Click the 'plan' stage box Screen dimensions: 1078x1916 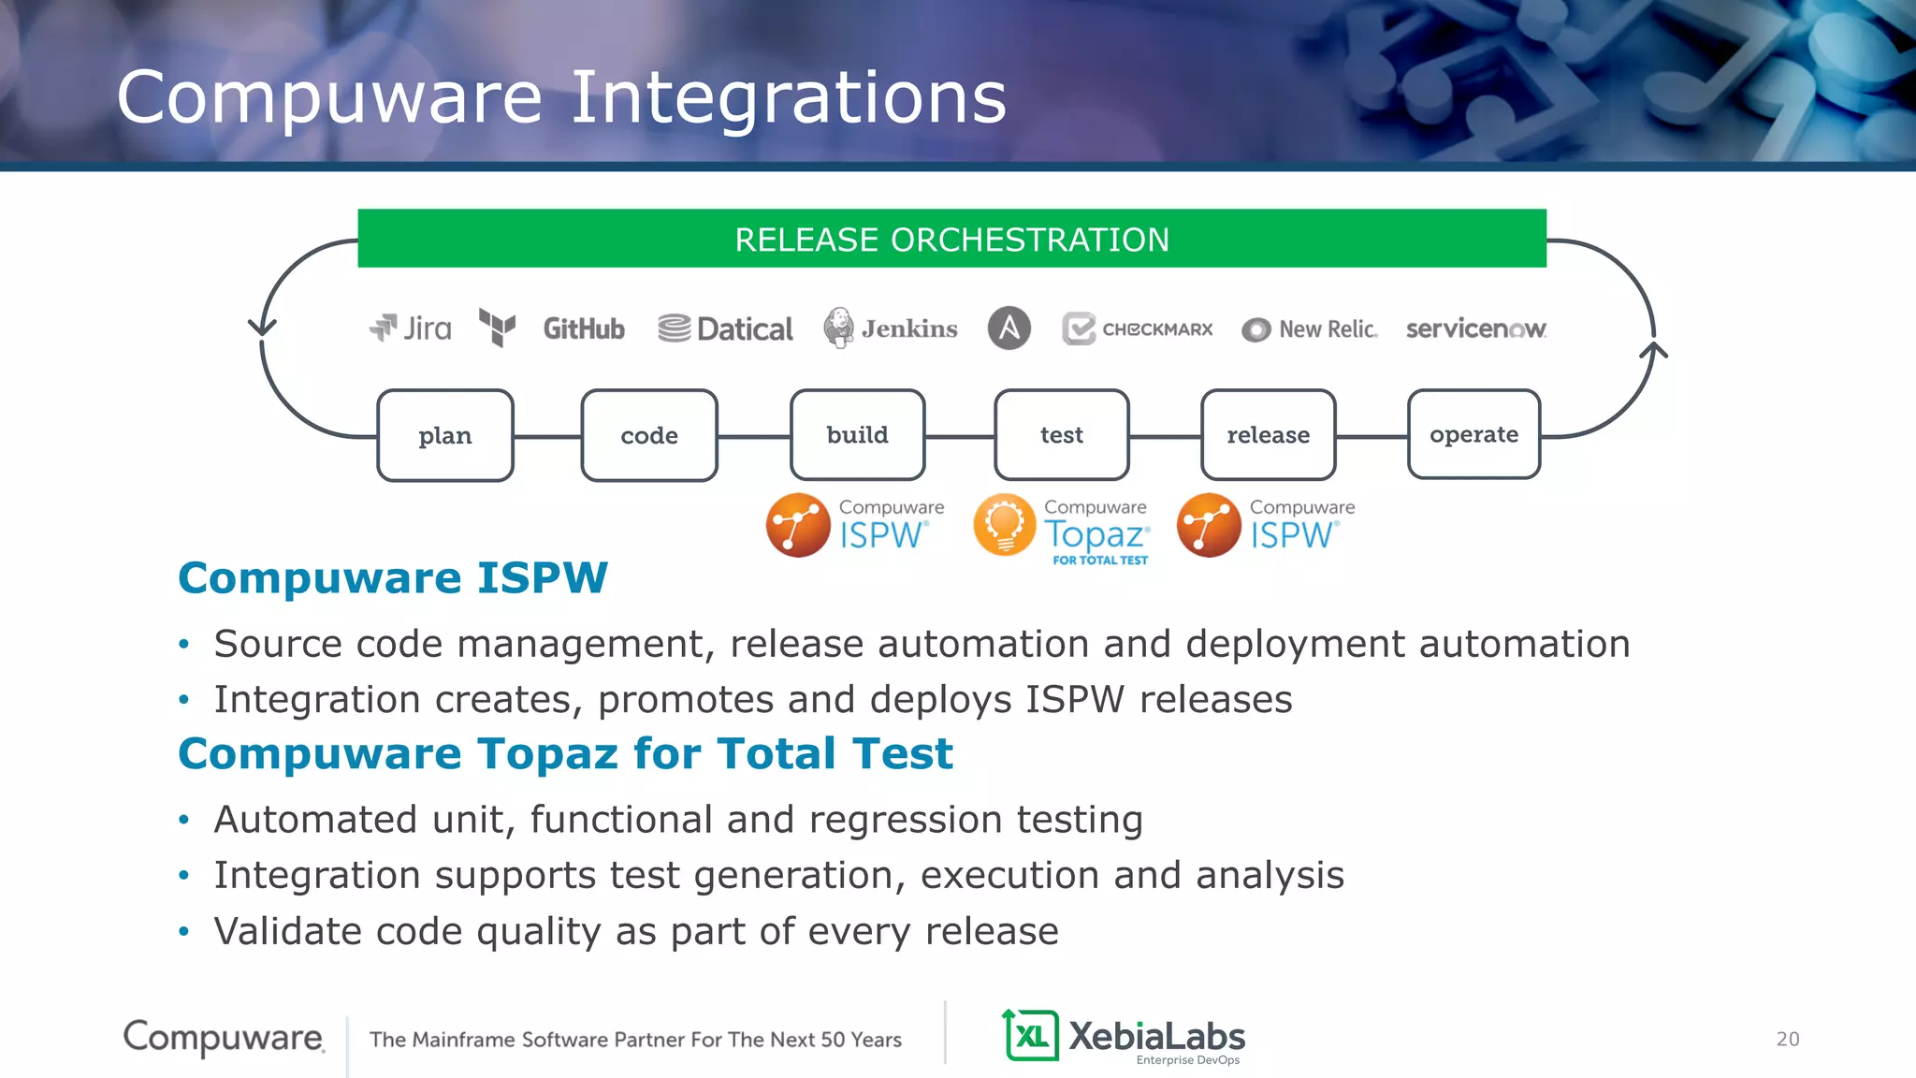pos(445,435)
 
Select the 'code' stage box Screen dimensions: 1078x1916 pos(649,435)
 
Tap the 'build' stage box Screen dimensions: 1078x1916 pos(857,434)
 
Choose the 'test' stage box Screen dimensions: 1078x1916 pos(1062,434)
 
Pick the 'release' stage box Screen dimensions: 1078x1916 pos(1268,434)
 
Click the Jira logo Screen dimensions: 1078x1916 pos(411,328)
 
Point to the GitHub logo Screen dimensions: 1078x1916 pos(584,328)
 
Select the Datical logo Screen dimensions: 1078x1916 pos(725,328)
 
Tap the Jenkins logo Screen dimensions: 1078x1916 pos(891,328)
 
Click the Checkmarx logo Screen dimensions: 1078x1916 pos(1138,328)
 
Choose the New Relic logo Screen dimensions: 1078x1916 pos(1310,329)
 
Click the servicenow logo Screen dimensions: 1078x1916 pos(1475,328)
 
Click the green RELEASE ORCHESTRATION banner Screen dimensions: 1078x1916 pos(951,240)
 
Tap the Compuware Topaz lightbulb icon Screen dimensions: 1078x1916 pos(1005,525)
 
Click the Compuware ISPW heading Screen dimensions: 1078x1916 pos(393,577)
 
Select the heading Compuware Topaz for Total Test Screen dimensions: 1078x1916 pos(565,753)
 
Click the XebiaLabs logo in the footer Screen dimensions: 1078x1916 pos(1124,1037)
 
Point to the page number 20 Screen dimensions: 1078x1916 pos(1787,1039)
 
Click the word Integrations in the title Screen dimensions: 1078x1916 pos(788,97)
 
